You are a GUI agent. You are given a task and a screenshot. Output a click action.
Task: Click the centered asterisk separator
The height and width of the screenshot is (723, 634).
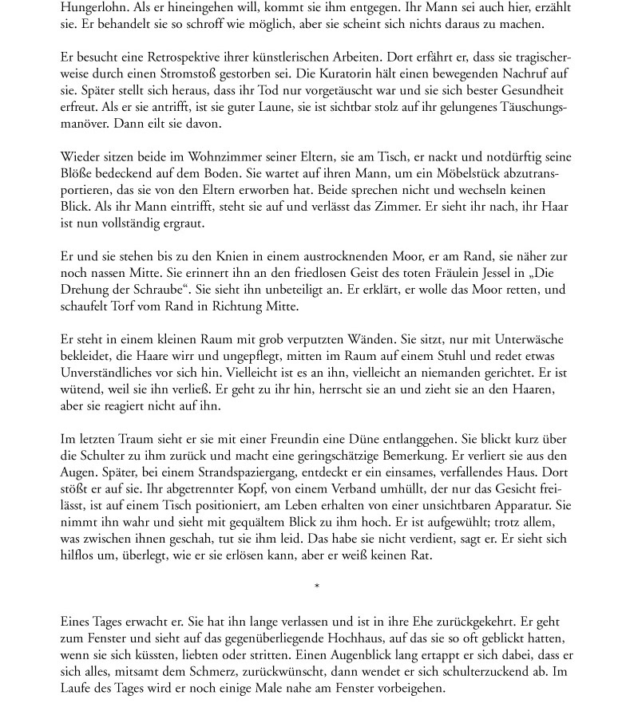317,587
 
